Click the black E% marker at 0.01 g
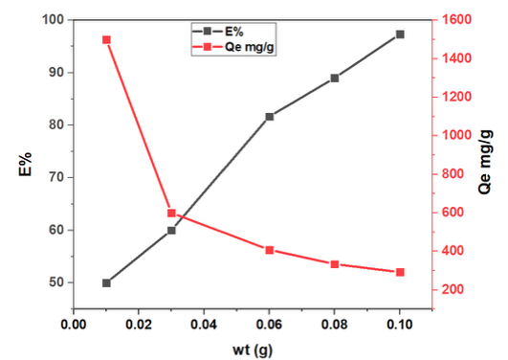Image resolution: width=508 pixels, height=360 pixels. [x=106, y=283]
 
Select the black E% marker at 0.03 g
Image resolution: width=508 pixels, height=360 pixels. [x=171, y=231]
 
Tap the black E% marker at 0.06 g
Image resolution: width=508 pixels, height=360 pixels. [x=270, y=117]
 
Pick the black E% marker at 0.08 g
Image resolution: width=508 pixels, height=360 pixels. [x=335, y=79]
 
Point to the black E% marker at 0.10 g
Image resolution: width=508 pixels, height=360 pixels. [x=400, y=34]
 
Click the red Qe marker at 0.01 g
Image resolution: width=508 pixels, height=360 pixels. [x=106, y=40]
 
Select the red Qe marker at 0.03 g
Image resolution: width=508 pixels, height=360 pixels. [x=171, y=214]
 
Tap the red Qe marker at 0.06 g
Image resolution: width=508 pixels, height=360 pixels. [x=270, y=250]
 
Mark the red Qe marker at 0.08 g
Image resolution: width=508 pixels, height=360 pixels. [x=335, y=264]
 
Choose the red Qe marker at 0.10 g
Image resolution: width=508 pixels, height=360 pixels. [x=400, y=272]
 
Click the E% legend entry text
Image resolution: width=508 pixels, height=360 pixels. [x=234, y=32]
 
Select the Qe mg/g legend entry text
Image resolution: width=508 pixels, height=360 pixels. [x=249, y=47]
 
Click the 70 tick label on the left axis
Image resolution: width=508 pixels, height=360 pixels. [x=55, y=177]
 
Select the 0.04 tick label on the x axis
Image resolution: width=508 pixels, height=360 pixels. [x=204, y=325]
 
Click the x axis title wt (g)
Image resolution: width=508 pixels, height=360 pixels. [x=253, y=350]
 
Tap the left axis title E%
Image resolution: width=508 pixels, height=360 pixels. [x=25, y=164]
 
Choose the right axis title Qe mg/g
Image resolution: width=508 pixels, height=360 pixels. [x=485, y=162]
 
